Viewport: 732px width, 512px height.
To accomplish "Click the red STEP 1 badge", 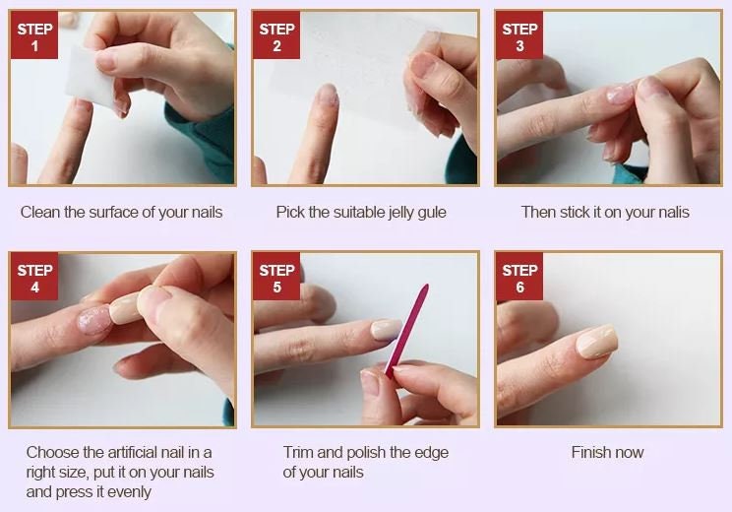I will [34, 36].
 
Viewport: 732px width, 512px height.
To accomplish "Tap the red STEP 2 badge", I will [276, 36].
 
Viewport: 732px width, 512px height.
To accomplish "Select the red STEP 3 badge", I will [519, 36].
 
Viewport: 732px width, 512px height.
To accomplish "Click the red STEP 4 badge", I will [34, 279].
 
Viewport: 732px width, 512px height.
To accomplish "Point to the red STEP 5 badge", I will [276, 279].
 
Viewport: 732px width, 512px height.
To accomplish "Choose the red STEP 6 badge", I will [519, 279].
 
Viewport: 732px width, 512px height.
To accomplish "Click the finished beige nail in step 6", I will [596, 342].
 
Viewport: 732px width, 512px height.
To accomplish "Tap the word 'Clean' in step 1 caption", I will [40, 213].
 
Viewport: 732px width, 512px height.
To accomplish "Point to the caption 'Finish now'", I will [607, 453].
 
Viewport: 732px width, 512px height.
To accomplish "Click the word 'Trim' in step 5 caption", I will [299, 453].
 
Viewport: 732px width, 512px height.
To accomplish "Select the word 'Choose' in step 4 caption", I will [51, 453].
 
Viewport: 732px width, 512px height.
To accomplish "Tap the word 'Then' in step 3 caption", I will [539, 213].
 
